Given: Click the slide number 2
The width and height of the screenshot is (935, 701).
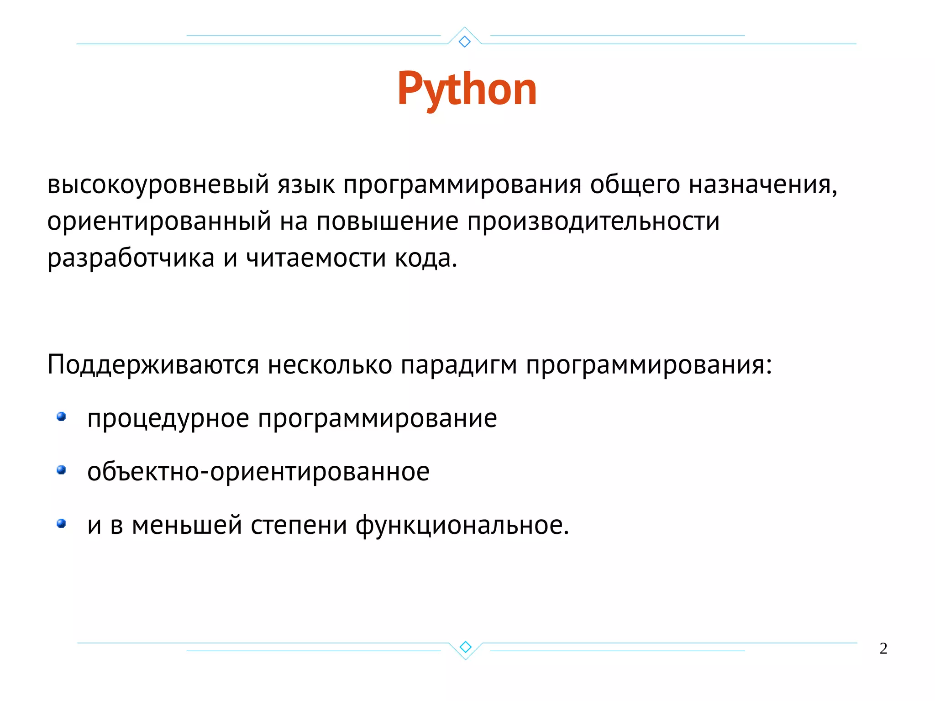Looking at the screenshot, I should (883, 648).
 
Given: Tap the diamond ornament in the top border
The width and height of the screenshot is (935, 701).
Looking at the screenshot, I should (464, 42).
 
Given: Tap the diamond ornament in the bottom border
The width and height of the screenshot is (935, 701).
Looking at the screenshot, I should (465, 647).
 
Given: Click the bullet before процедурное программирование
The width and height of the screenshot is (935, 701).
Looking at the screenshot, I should (61, 416).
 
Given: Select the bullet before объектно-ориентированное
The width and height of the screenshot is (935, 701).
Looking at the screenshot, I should (61, 470).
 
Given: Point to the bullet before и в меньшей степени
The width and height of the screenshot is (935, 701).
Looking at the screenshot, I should (61, 523).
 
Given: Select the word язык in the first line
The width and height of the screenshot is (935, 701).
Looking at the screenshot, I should (306, 185).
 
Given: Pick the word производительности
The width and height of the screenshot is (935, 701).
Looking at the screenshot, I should (593, 222).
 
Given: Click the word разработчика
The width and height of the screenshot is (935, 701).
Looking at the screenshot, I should (131, 258).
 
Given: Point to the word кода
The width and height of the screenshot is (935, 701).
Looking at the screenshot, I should (425, 258).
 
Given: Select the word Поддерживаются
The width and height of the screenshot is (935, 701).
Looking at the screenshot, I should (153, 365).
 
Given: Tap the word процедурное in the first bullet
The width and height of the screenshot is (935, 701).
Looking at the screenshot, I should (168, 419).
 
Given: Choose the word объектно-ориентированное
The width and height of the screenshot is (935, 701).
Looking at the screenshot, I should (258, 472).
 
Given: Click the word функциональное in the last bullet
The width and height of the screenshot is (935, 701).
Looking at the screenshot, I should (462, 526).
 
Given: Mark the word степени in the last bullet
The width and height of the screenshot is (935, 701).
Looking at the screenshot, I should (299, 526).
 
